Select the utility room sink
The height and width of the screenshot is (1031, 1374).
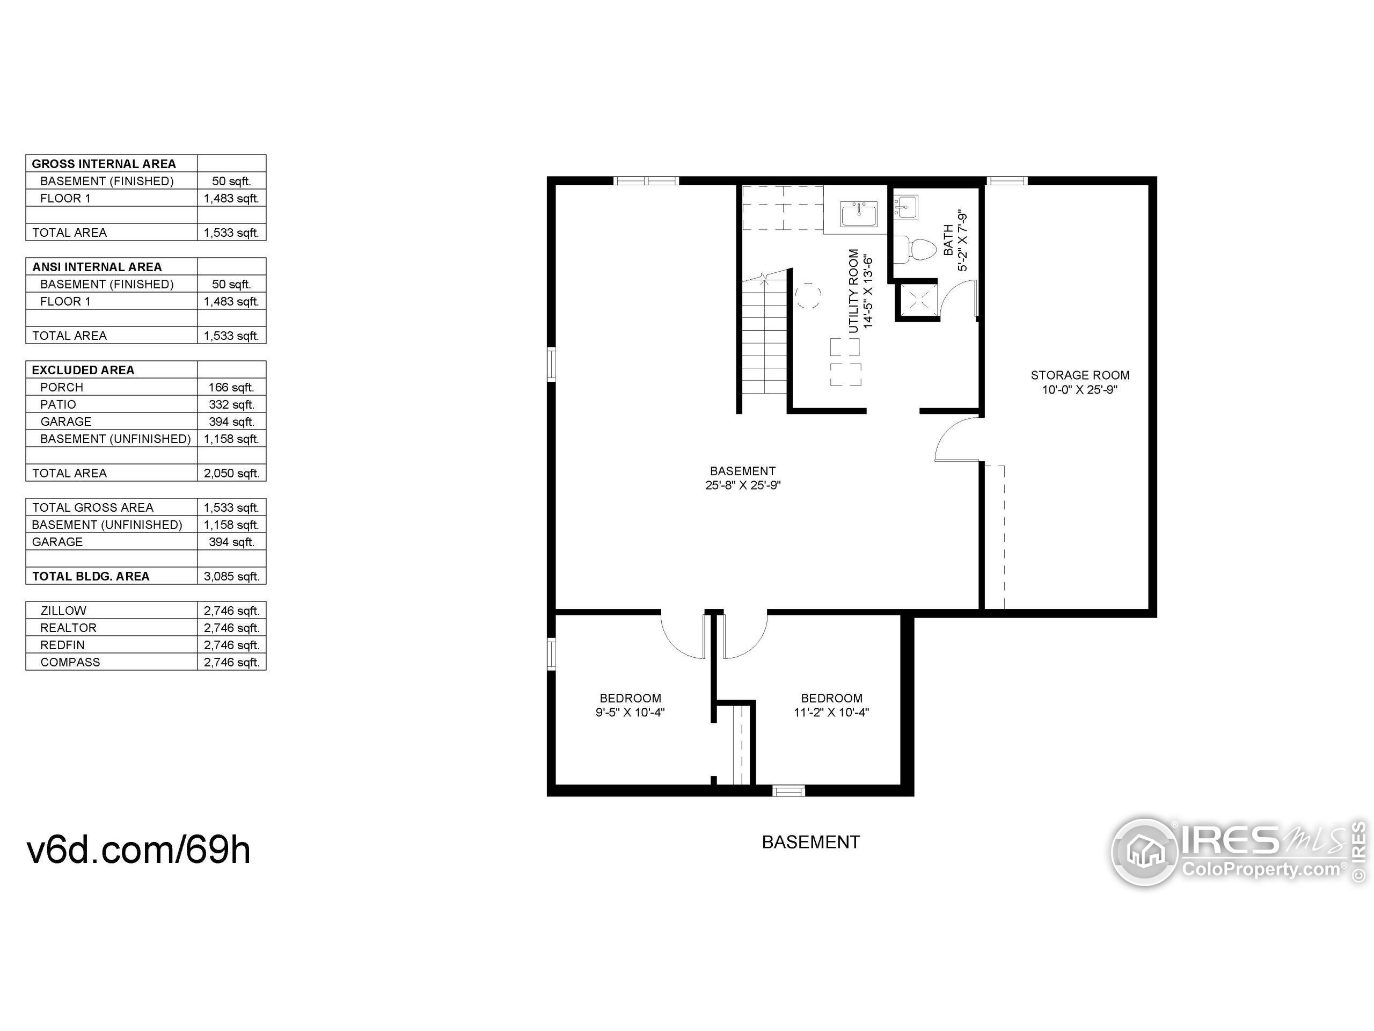coord(859,214)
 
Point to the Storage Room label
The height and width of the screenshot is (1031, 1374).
coord(1080,375)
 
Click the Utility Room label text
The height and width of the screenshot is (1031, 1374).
coord(854,292)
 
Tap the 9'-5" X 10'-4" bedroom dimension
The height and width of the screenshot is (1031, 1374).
coord(630,712)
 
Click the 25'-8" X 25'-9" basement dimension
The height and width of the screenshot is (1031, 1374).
coord(742,485)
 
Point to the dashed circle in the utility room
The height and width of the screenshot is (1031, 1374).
coord(808,296)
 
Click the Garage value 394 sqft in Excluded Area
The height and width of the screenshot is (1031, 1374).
coord(231,422)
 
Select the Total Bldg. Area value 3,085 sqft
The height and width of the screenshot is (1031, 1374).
coord(231,576)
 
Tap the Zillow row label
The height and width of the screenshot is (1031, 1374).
coord(63,610)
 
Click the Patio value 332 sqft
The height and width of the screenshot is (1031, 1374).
coord(231,404)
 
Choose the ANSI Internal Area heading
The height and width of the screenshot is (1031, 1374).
coord(97,266)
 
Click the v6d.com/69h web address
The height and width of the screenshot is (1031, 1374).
coord(138,850)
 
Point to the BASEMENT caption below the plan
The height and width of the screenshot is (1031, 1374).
coord(810,842)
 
